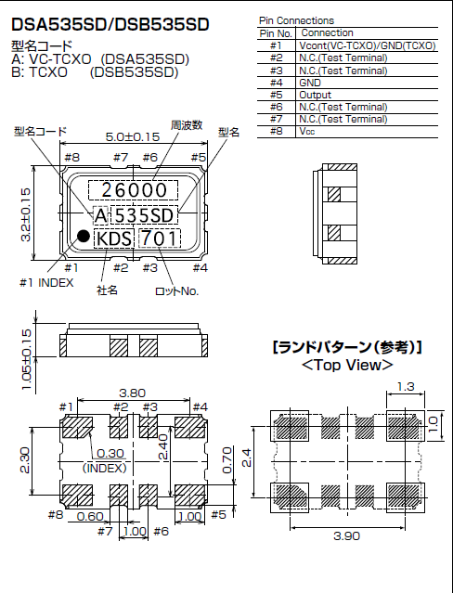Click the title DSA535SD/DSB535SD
(x=110, y=22)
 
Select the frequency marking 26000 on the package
(x=134, y=190)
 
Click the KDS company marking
(x=113, y=239)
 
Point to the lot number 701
(x=163, y=239)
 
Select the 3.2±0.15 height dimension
(x=26, y=214)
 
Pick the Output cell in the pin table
(x=316, y=94)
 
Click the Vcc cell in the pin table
(x=307, y=131)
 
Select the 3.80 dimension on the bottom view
(x=134, y=393)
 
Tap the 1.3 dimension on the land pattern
(x=407, y=386)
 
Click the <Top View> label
(x=346, y=366)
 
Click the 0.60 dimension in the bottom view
(x=90, y=516)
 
